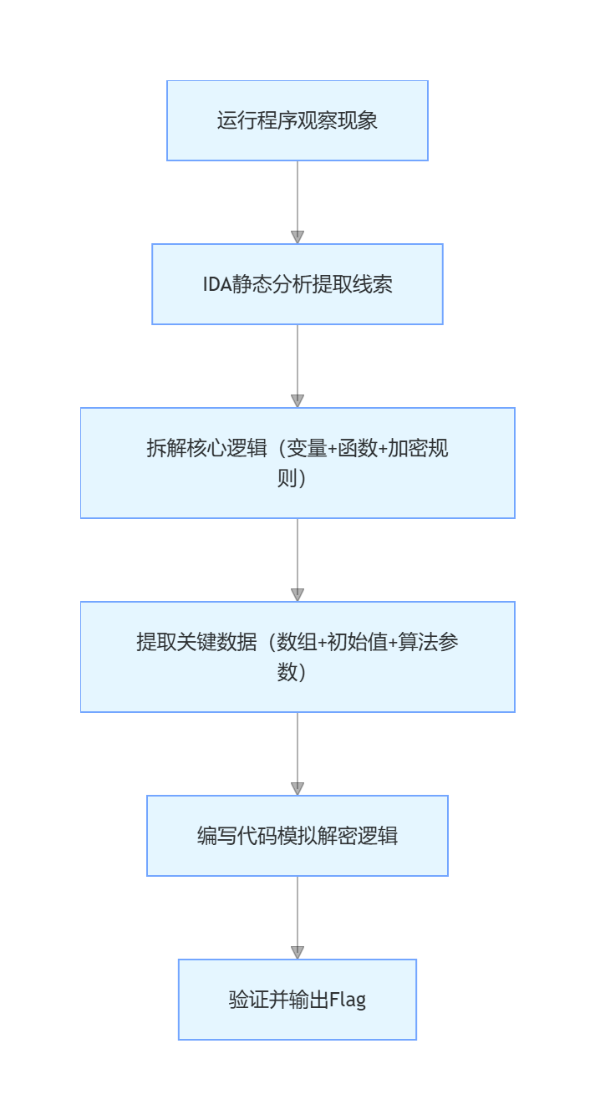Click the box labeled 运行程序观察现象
[297, 120]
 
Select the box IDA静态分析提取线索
[297, 284]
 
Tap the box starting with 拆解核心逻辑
[297, 463]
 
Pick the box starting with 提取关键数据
[297, 657]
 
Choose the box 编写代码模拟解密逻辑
[297, 836]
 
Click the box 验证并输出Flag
[297, 1000]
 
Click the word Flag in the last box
[348, 1000]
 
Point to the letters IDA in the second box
[216, 284]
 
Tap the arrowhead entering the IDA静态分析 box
[297, 237]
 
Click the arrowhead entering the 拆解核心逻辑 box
[297, 400]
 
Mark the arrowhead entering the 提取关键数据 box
[297, 594]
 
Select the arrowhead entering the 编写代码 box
[297, 788]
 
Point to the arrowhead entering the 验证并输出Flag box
[297, 952]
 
